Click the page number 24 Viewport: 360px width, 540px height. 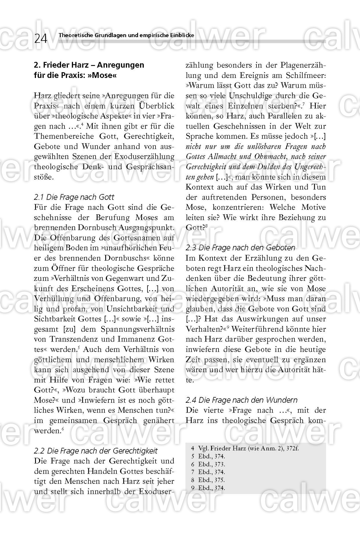(41, 38)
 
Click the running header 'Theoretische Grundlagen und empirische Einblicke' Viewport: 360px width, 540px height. (126, 35)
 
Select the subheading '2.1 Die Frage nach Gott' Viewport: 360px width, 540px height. (74, 197)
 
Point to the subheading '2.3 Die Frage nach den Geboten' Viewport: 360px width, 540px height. (240, 248)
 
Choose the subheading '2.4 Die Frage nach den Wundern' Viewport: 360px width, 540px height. (242, 400)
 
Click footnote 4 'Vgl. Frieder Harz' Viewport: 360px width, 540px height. (245, 448)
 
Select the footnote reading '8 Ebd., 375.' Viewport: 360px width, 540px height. (208, 480)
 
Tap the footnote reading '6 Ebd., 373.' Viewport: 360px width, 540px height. (208, 464)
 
